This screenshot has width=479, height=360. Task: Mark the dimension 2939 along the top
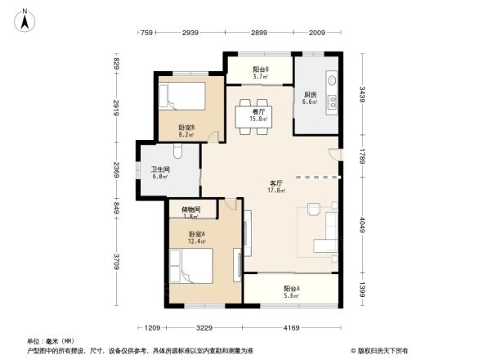(x=190, y=33)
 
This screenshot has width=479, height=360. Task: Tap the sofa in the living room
(x=330, y=234)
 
